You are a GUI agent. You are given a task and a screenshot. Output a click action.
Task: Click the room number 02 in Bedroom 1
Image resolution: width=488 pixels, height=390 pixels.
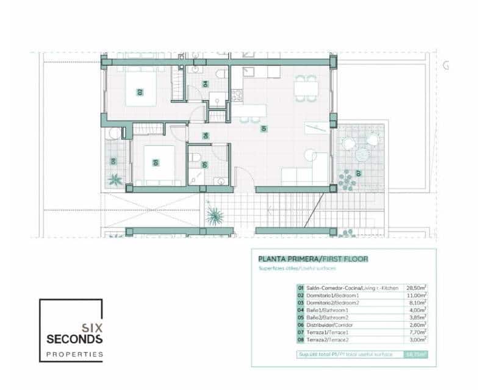click(x=140, y=92)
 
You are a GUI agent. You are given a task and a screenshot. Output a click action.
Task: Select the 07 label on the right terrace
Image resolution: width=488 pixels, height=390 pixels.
click(x=359, y=173)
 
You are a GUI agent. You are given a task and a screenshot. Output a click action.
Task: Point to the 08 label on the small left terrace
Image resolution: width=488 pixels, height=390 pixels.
click(x=113, y=161)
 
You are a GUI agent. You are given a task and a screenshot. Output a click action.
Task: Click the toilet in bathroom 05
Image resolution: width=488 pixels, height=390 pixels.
click(x=195, y=158)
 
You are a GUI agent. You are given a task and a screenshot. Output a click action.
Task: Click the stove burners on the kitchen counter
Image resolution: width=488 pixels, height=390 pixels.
click(x=236, y=95)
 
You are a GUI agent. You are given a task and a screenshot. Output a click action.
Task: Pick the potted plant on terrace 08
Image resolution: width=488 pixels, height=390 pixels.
click(x=115, y=180)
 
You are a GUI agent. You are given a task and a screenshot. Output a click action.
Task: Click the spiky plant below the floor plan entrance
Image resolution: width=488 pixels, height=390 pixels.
click(x=214, y=215)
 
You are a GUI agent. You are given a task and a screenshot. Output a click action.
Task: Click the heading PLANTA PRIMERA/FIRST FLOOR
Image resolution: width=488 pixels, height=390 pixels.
click(x=313, y=259)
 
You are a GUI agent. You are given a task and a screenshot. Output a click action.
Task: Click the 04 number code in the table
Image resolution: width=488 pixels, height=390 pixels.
click(x=301, y=310)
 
